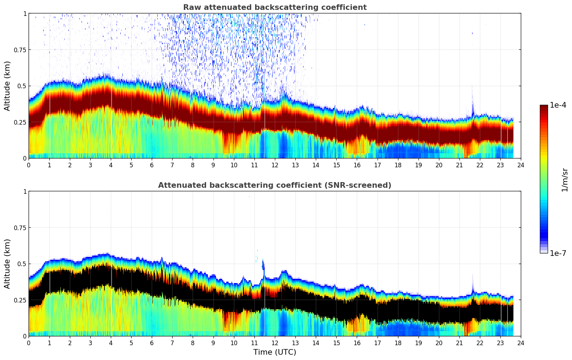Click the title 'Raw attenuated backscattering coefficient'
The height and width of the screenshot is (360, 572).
[275, 7]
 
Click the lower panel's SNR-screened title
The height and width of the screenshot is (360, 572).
[275, 185]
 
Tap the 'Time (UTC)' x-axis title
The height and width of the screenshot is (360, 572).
[275, 352]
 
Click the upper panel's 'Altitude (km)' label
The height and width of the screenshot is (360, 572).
[7, 86]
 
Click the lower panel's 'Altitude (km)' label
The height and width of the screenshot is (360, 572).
[7, 264]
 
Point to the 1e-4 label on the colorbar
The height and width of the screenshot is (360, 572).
[558, 105]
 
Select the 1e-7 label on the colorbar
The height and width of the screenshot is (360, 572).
[558, 253]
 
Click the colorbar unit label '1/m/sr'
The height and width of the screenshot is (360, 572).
[565, 180]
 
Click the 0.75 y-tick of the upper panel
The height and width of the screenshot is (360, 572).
[20, 50]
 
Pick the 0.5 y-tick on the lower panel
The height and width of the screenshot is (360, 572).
[22, 264]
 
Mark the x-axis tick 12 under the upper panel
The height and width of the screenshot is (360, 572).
[275, 165]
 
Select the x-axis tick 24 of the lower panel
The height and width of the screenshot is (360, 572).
[521, 343]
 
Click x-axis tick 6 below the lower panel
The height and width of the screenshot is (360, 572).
[152, 343]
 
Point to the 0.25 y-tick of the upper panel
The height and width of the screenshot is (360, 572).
[20, 122]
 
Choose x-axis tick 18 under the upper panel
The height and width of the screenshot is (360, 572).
[398, 165]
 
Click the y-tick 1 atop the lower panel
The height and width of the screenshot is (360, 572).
[25, 192]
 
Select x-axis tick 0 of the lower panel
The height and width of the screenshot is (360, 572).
[29, 343]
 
